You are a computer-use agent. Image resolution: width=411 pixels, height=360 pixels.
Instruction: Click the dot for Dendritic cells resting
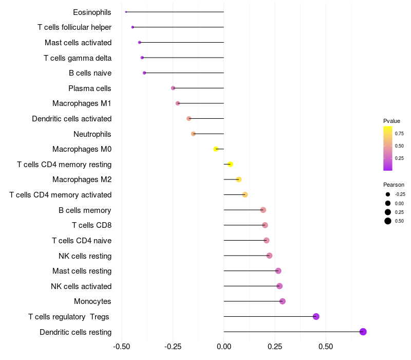363,332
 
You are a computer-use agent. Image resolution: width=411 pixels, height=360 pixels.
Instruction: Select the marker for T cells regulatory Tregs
316,316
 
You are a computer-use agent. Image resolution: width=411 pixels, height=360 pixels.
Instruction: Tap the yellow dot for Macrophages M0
216,149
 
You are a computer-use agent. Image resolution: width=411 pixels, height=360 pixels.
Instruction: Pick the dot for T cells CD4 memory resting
230,164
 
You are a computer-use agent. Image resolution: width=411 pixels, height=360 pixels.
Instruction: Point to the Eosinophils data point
126,12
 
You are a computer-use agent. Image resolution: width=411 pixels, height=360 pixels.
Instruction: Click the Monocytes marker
282,301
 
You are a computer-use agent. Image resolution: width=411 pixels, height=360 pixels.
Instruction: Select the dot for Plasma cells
173,88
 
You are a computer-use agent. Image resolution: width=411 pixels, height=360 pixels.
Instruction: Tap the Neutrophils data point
193,134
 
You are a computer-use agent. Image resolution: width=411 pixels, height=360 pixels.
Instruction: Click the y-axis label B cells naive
90,73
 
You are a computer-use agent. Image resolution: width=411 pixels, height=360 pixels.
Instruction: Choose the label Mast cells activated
78,42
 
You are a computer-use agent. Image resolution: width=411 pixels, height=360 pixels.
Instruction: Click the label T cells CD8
91,225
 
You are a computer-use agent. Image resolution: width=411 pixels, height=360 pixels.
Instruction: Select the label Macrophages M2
82,179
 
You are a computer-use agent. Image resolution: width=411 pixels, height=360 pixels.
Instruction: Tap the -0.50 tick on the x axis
121,347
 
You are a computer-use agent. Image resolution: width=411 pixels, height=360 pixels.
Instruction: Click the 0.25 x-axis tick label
275,347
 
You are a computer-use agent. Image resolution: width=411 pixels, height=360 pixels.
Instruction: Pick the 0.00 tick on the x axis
224,347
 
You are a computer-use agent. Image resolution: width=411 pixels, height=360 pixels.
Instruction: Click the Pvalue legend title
391,121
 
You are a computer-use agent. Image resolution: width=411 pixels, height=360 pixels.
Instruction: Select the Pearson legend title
394,185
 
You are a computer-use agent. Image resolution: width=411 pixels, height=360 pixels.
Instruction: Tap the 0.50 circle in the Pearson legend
387,221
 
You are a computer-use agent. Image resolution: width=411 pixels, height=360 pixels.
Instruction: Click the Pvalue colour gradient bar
388,148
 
